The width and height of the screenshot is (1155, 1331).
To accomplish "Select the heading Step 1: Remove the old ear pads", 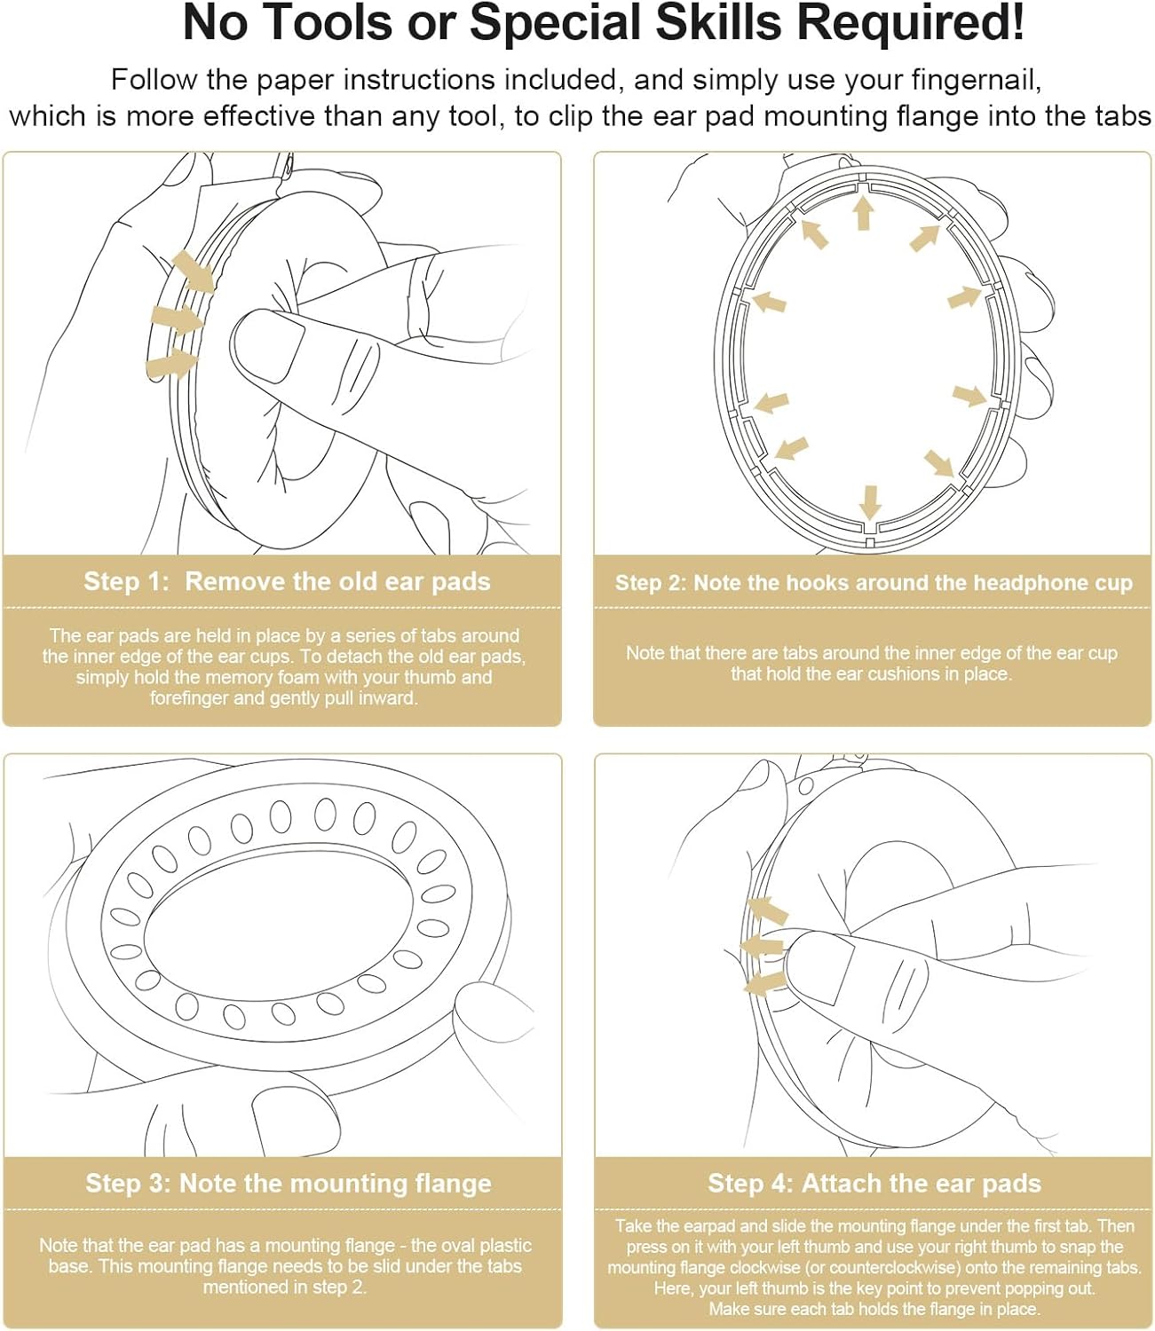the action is (287, 581).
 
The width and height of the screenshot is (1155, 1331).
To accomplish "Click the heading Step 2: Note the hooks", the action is (874, 582).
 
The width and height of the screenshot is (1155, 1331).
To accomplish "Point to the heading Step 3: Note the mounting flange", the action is (289, 1184).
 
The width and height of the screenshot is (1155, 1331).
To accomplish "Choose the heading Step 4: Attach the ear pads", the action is (874, 1184).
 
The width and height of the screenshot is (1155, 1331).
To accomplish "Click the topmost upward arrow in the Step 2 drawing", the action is (863, 213).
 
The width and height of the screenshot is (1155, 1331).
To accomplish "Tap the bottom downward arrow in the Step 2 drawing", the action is (870, 502).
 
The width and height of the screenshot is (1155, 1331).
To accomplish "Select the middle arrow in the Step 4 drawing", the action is (762, 945).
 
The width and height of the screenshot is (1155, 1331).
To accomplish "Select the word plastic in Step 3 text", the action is (498, 1246).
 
